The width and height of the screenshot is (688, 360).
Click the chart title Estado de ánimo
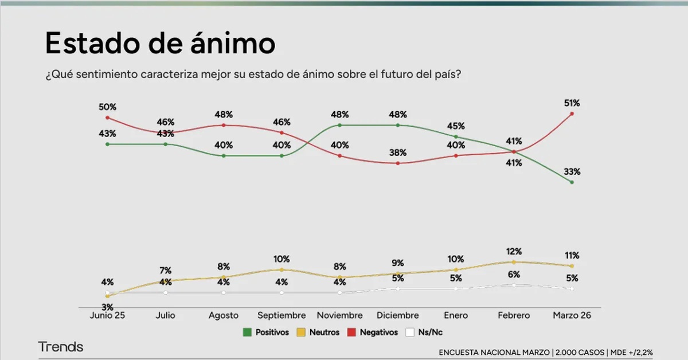coord(160,44)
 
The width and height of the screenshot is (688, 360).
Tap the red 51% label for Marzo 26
coord(572,103)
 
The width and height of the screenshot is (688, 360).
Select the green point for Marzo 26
coord(572,182)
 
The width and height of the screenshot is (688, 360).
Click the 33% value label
coord(572,171)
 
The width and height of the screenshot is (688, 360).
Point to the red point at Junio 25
coord(107,118)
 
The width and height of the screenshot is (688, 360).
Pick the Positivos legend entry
coord(266,332)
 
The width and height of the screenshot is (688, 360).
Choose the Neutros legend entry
coord(319,332)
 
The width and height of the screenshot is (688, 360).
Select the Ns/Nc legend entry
coord(424,332)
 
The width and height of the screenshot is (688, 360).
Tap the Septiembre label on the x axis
coord(282,315)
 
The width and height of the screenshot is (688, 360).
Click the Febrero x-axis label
coord(514,315)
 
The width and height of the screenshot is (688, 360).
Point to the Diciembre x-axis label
coord(397,315)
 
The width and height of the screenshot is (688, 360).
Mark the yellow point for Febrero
coord(514,262)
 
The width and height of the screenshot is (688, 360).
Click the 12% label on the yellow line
coord(514,252)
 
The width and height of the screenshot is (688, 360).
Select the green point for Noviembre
coord(339,125)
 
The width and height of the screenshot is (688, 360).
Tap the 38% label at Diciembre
coord(397,152)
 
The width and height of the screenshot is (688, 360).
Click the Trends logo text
coord(61,347)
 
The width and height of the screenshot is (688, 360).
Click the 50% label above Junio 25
coord(107,107)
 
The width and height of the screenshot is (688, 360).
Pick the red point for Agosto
coord(224,125)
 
